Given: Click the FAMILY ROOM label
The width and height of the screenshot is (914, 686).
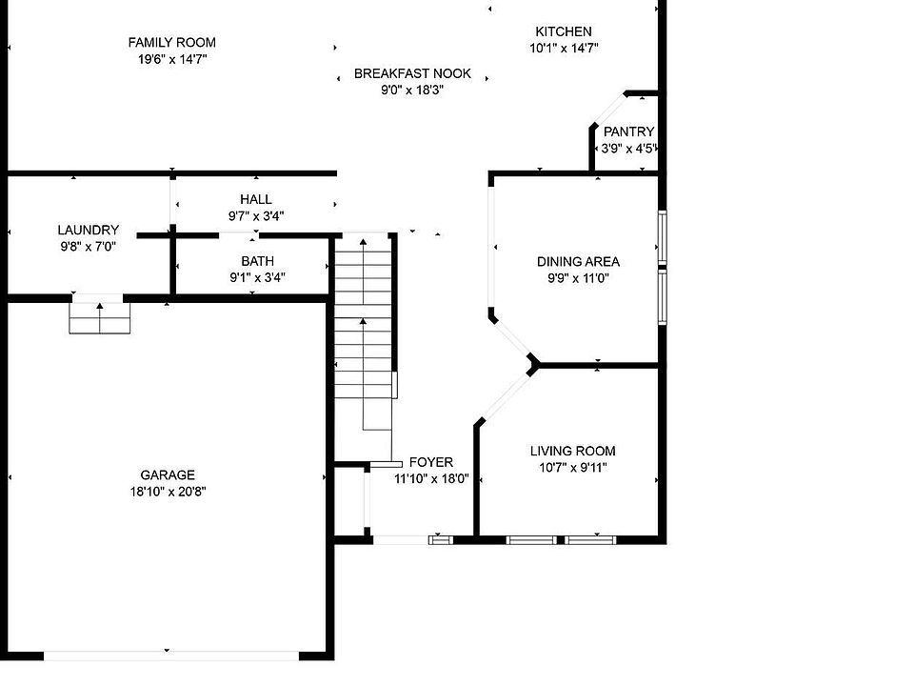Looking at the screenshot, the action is click(172, 43).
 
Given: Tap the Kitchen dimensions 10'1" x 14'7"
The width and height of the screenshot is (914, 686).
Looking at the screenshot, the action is click(564, 49).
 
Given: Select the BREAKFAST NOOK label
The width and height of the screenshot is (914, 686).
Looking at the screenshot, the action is click(412, 73).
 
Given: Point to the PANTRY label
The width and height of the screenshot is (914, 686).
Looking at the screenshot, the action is click(629, 131).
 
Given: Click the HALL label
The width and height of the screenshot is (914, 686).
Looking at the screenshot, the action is click(256, 199).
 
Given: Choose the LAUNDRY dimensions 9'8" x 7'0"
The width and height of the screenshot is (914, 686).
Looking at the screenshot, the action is click(89, 247).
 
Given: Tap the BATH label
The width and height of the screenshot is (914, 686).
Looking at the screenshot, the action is click(258, 261).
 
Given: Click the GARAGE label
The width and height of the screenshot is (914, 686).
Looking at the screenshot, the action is click(168, 475).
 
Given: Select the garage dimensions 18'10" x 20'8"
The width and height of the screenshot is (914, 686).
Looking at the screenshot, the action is click(168, 492).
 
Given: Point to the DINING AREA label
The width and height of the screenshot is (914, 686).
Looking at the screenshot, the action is click(578, 262).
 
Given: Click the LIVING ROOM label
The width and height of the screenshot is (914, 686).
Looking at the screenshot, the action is click(573, 451).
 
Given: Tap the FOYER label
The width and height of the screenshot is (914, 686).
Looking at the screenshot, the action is click(431, 463).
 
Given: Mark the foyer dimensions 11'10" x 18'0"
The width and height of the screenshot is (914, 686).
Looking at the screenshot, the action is click(431, 479).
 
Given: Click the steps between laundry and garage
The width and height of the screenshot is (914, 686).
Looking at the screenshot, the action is click(100, 318).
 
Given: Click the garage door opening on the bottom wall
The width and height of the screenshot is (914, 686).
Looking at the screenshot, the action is click(171, 656).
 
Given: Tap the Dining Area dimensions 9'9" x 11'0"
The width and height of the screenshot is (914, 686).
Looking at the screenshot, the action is click(578, 279).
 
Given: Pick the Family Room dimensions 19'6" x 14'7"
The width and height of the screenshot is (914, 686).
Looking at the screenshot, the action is click(172, 59).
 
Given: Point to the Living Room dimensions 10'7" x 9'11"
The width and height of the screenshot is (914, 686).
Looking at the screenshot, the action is click(573, 468).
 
